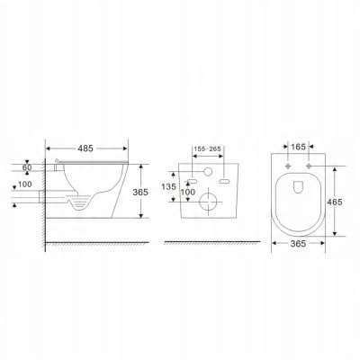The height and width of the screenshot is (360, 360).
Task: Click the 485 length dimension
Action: click(x=85, y=148)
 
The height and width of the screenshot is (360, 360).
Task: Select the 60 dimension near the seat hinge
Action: click(x=27, y=167)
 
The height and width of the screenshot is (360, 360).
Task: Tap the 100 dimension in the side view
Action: click(x=25, y=184)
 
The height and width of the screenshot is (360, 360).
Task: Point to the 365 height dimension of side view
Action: click(x=140, y=192)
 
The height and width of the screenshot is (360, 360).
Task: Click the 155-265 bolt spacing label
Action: click(x=207, y=148)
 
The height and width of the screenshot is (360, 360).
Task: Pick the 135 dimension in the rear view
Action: click(x=168, y=187)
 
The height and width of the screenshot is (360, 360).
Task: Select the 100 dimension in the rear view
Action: click(x=188, y=192)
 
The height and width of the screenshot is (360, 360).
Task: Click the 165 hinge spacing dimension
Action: click(x=298, y=147)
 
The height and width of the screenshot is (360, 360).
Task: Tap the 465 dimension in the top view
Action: click(x=335, y=202)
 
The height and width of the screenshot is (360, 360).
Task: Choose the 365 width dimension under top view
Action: click(x=298, y=244)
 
